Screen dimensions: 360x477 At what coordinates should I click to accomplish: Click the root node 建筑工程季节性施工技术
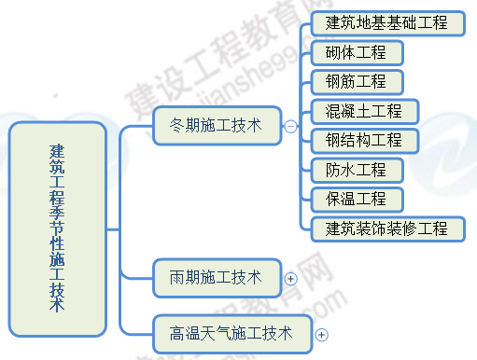57,228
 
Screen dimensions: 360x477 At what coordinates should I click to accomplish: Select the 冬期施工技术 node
216,124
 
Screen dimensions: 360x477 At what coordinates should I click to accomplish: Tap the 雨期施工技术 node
216,277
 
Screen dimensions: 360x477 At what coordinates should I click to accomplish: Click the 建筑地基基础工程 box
387,22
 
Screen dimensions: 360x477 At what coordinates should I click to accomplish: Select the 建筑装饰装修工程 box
387,228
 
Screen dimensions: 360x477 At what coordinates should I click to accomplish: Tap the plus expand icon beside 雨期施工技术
290,278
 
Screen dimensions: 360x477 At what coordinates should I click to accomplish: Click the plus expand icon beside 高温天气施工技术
321,334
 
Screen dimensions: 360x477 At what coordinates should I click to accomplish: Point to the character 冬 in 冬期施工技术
177,124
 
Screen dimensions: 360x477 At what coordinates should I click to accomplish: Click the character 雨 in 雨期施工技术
177,277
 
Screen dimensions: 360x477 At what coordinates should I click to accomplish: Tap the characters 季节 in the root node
57,220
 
